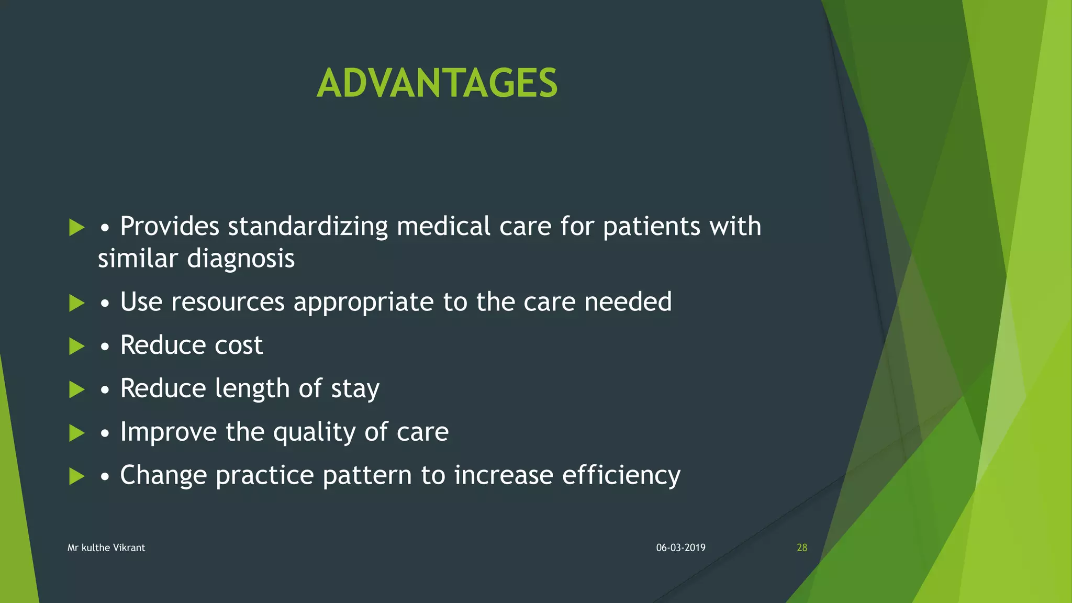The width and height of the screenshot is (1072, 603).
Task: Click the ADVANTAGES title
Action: coord(437,83)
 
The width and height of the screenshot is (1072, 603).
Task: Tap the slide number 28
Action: coord(801,548)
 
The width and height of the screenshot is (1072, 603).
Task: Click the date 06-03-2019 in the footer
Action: coord(680,548)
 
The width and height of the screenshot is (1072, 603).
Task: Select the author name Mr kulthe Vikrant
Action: coord(106,548)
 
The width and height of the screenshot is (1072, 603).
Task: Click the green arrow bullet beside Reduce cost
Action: coord(76,346)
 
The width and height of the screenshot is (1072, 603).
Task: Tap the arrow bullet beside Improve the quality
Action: coord(76,433)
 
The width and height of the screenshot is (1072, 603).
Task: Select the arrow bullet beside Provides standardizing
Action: coord(76,227)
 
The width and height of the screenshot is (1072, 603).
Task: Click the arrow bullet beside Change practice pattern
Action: coord(76,476)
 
